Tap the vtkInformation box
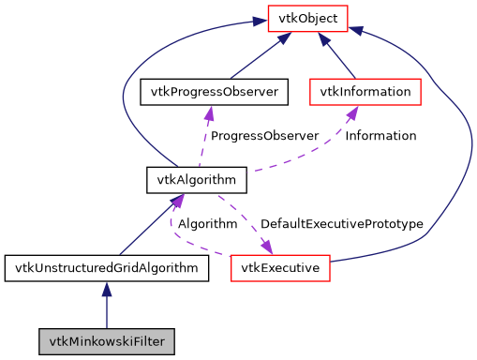[x=365, y=92]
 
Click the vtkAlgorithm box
[x=197, y=178]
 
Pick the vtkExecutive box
[x=280, y=269]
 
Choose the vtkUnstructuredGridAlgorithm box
[x=106, y=269]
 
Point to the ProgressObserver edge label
[x=264, y=136]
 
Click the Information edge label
[x=380, y=136]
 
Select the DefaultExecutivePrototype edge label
[x=341, y=224]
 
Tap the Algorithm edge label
[x=207, y=224]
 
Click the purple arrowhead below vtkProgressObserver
[x=209, y=112]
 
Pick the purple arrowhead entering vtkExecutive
[x=266, y=247]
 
